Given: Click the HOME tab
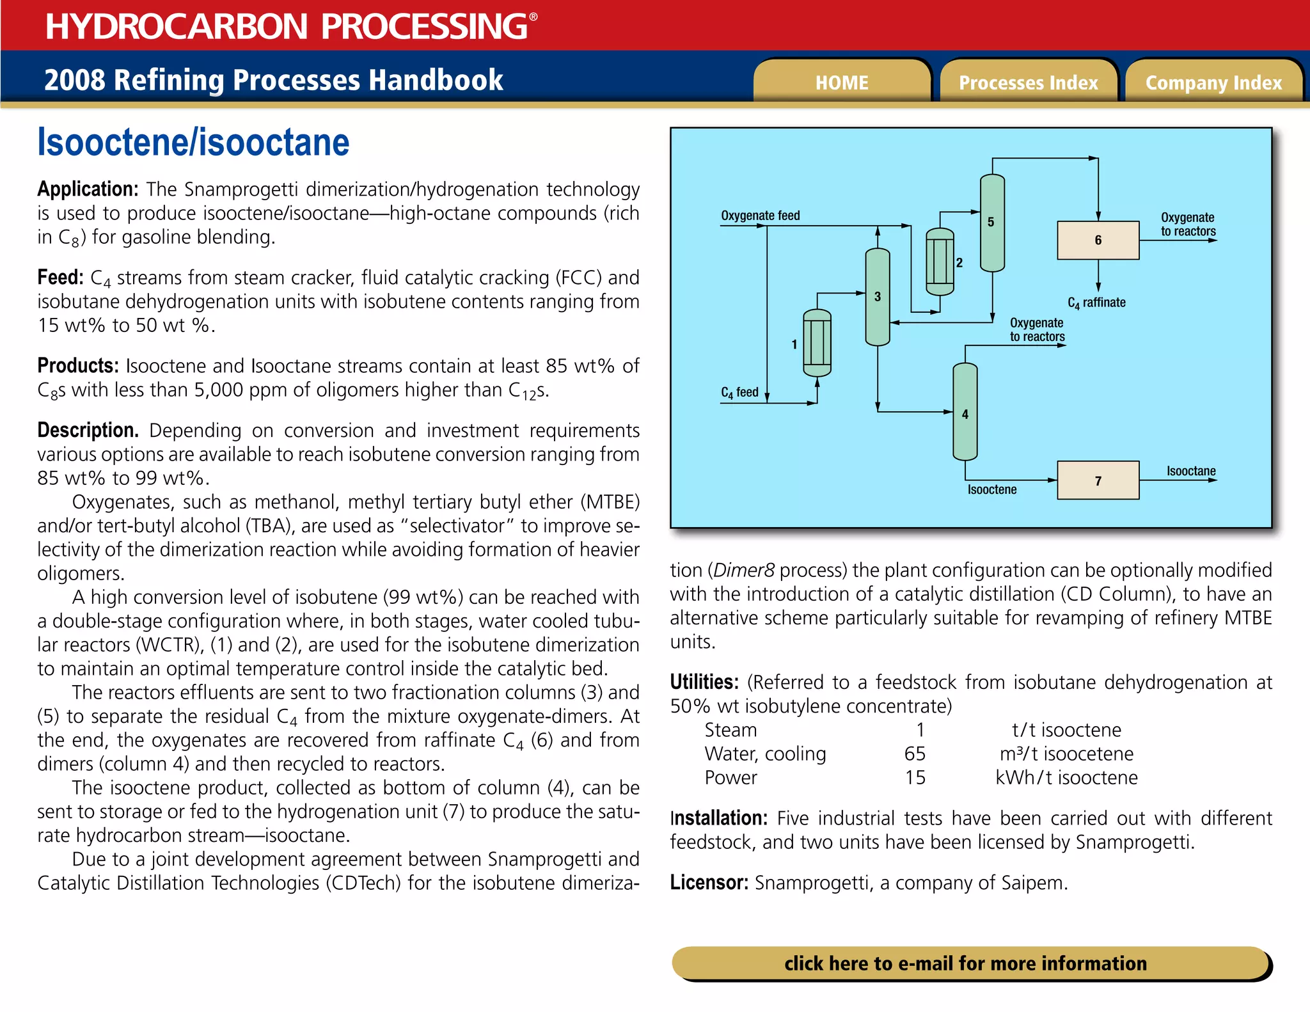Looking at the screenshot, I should [841, 83].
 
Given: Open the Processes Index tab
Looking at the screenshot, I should [1028, 83].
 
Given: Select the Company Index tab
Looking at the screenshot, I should [1213, 83].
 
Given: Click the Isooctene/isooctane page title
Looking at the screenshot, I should [193, 142].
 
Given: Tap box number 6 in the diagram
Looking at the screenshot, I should [1098, 241].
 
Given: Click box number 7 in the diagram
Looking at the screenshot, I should [1098, 480].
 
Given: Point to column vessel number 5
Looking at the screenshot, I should [992, 223].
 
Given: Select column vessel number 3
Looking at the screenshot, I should [877, 297].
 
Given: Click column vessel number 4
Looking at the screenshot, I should [965, 413].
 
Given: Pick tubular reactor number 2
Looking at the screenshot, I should [940, 262].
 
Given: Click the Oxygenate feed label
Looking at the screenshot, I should [760, 216].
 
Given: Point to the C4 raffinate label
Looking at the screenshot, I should [1096, 303].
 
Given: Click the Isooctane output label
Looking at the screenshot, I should [1190, 471].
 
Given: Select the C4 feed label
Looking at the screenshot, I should [739, 392].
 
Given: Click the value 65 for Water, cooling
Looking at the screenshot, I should [915, 754].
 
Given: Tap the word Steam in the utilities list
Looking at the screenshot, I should [730, 730].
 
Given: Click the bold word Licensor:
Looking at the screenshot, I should [709, 883].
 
